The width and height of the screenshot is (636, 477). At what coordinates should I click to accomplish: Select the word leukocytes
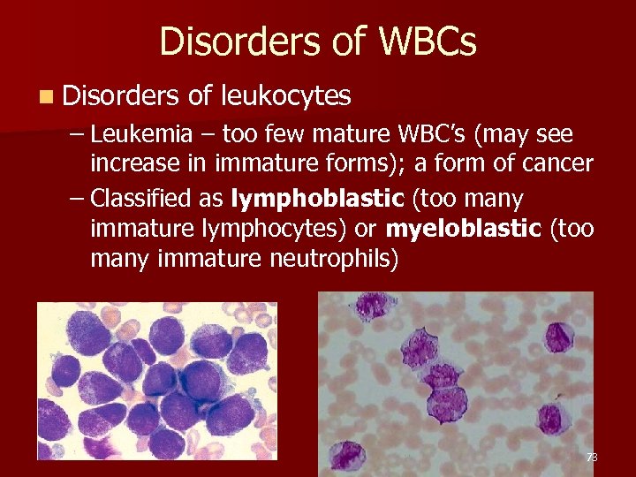click(285, 95)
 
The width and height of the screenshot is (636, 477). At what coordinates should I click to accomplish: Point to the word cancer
click(552, 165)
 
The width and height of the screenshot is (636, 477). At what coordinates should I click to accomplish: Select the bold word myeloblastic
click(464, 229)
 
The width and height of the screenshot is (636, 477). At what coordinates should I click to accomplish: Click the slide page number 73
click(591, 458)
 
